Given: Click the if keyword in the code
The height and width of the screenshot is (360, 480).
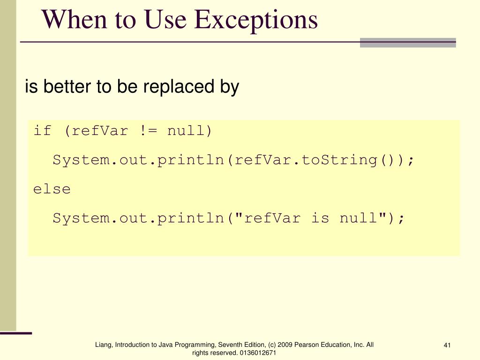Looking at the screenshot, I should [42, 131].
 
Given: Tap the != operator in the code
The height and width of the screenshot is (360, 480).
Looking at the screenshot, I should [148, 131].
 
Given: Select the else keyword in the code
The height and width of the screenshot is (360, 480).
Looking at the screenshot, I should [52, 189].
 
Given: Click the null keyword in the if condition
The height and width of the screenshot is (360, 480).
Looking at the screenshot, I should [186, 131].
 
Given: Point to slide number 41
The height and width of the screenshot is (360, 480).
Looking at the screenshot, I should [447, 346].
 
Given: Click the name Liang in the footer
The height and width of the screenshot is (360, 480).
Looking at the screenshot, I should [103, 345].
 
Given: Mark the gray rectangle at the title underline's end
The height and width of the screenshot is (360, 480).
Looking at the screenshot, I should [408, 43].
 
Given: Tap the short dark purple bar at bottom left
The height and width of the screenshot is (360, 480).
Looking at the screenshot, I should [16, 333].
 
